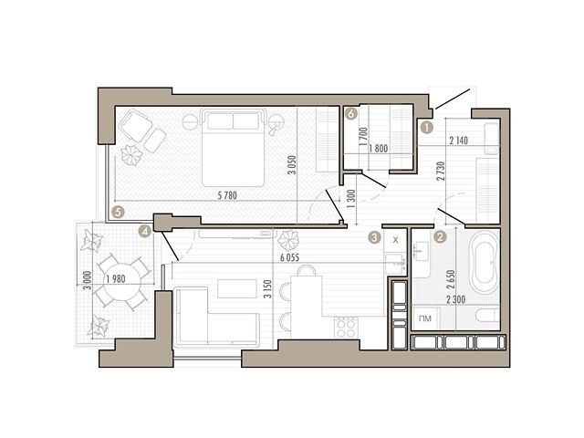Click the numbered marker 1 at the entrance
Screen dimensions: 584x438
tap(426, 128)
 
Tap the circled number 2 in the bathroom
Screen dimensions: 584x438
tap(440, 237)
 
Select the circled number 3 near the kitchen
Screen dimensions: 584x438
tap(374, 237)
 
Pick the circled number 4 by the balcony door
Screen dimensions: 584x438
tap(144, 232)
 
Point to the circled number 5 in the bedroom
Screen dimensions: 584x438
tap(118, 213)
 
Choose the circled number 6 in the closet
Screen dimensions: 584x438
tap(350, 113)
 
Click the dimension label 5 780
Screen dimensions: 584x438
tap(227, 195)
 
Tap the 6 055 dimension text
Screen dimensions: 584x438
tap(290, 257)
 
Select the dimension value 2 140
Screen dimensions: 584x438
tap(458, 141)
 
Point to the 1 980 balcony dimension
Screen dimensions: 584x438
tap(116, 278)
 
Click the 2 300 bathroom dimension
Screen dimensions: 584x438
tap(455, 299)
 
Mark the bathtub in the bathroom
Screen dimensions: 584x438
tap(485, 263)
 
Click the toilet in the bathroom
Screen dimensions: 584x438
tap(487, 316)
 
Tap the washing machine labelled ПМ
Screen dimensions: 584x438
tap(425, 318)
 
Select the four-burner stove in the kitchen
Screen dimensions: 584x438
tap(347, 328)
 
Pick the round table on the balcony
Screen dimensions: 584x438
tap(122, 280)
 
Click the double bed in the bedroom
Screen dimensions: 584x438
tap(234, 148)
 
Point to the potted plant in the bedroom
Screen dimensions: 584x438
tap(131, 154)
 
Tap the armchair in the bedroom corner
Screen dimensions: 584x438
tap(135, 125)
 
